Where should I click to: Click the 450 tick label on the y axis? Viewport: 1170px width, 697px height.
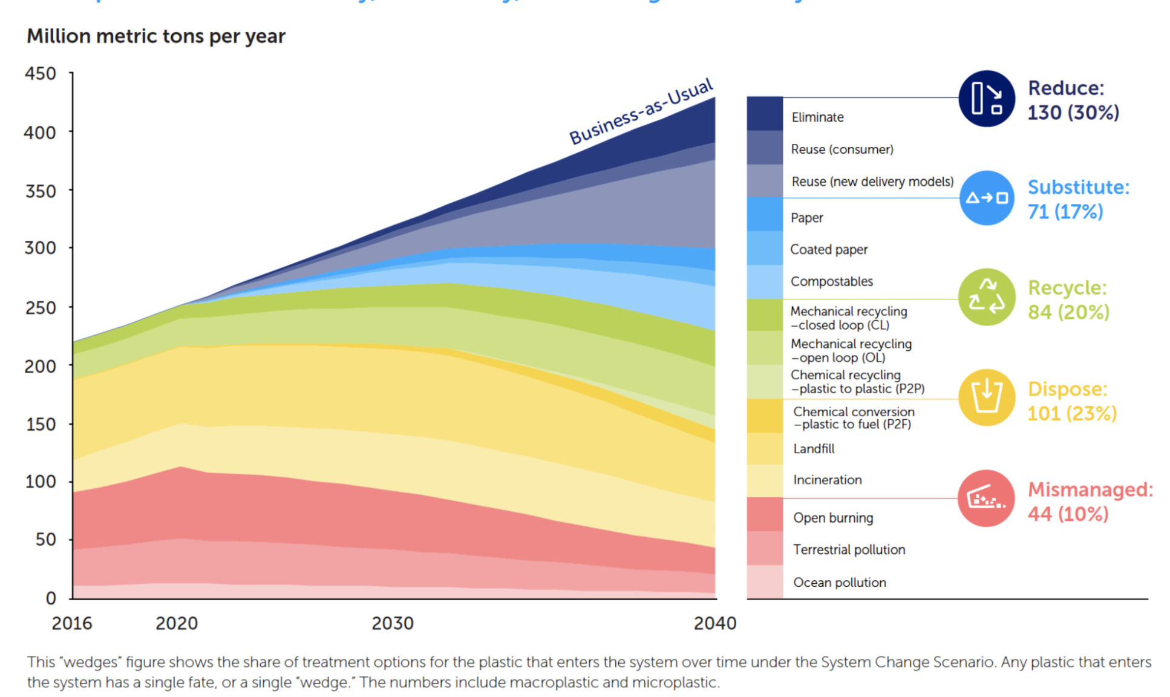coord(40,74)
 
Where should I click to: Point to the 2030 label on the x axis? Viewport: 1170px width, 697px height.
coord(393,623)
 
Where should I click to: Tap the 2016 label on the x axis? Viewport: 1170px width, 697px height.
coord(72,623)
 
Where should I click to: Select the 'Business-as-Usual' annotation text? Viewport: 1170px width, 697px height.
coord(641,112)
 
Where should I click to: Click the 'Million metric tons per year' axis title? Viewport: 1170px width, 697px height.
coord(155,36)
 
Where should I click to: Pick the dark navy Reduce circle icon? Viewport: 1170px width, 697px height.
coord(986,99)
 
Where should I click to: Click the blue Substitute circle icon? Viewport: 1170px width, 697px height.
coord(986,198)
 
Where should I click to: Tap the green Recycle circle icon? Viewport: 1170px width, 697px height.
coord(986,297)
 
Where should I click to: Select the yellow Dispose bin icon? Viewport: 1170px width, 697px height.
coord(986,398)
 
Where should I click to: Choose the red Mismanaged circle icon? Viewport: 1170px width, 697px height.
coord(986,498)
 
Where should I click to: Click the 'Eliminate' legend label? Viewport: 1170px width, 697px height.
coord(817,117)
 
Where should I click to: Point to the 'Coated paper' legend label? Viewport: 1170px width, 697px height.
coord(829,249)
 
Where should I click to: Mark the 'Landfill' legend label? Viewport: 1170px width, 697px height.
coord(814,448)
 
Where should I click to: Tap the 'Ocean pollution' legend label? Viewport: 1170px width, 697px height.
coord(840,582)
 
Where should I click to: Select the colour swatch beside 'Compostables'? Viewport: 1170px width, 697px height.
coord(765,282)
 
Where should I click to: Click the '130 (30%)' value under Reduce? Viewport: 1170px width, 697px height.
coord(1073,113)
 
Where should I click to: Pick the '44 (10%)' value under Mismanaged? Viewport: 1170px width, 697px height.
coord(1068,514)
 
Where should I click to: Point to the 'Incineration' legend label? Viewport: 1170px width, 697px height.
coord(827,480)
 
